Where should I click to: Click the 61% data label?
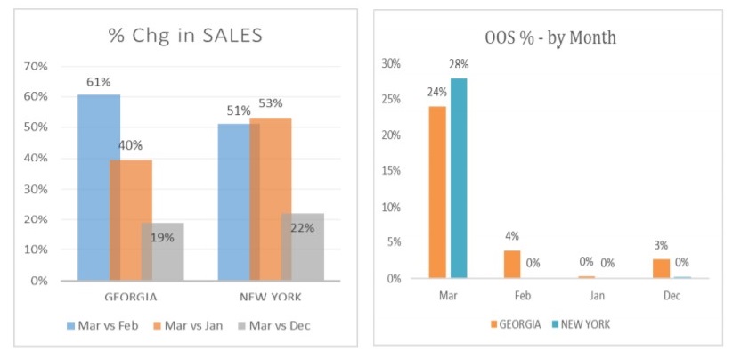(98, 82)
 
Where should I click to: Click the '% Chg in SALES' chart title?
(184, 36)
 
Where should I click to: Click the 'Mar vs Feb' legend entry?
(103, 325)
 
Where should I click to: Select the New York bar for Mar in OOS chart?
(458, 178)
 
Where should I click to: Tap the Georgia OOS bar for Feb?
(512, 265)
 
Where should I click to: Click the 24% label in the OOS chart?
(436, 92)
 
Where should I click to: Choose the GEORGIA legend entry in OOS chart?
(517, 324)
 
